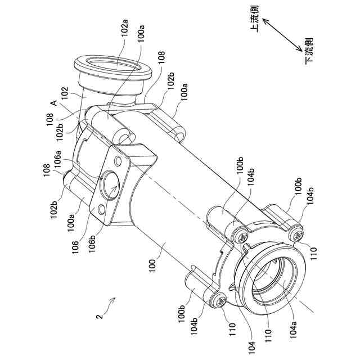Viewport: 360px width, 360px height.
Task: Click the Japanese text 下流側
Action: coord(308,51)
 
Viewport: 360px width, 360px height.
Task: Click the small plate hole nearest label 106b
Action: coord(102,210)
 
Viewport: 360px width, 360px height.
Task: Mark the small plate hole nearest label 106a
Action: coord(118,162)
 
